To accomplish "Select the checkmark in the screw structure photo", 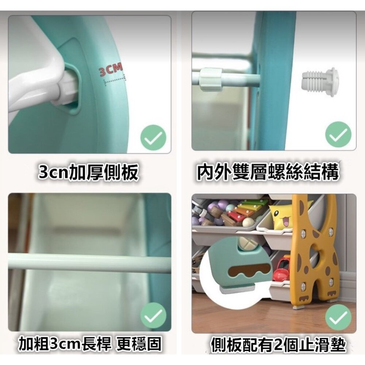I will [x=338, y=134].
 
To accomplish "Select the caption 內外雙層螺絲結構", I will [x=268, y=173].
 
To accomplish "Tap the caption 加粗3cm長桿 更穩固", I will [x=90, y=344].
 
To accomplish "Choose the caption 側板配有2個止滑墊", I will [x=278, y=345].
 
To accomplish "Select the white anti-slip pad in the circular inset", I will [x=234, y=290].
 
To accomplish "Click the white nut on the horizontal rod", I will [x=211, y=79].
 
